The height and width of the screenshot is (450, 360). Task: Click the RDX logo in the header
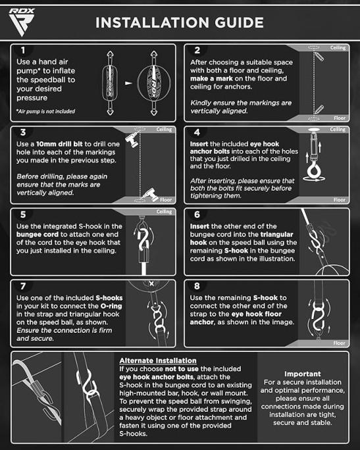point(22,22)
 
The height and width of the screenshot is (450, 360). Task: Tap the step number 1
point(23,50)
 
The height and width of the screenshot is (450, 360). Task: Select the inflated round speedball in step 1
point(153,83)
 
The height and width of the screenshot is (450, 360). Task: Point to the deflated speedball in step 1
point(110,83)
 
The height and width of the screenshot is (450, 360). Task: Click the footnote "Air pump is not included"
point(46,111)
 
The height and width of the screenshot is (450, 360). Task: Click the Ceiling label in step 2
point(338,47)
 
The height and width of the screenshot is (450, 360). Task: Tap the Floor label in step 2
point(340,118)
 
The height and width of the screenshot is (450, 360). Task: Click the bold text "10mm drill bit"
point(59,144)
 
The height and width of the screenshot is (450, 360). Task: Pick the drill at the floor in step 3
point(151,194)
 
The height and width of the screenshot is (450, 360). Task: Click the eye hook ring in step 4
point(313,172)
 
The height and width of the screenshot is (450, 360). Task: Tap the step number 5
point(23,214)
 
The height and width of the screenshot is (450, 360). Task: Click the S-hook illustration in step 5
point(143,238)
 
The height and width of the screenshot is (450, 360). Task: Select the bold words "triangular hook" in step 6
point(242,238)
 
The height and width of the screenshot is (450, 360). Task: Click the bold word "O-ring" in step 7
point(111,306)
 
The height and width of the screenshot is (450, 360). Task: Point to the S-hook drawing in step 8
point(319,316)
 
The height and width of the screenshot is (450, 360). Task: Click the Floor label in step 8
point(339,343)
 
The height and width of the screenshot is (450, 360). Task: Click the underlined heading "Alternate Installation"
point(158,361)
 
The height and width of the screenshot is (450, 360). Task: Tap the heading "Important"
point(303,374)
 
